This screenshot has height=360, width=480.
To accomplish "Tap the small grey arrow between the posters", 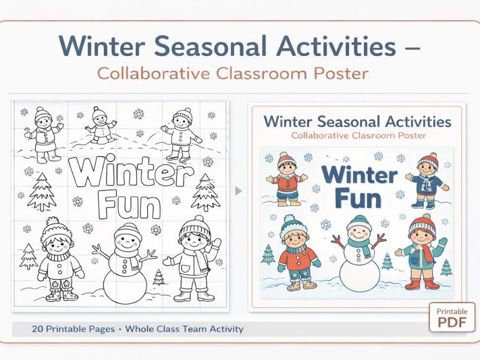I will coord(238,191).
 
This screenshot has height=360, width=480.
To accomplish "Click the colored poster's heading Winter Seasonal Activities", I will coord(357,122).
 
